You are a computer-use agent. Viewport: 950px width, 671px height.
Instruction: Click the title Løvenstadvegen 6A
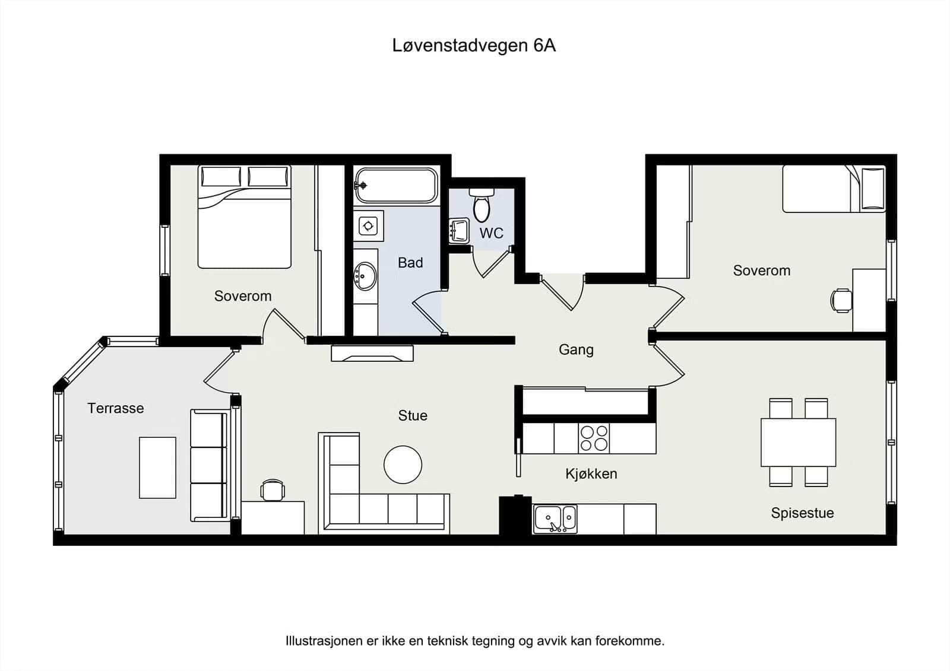point(474,46)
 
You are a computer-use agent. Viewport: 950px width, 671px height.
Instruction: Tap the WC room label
point(491,233)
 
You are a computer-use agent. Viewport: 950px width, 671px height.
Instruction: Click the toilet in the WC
point(482,205)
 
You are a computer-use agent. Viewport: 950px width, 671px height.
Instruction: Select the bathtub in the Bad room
point(395,185)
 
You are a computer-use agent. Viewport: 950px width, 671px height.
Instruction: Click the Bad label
point(410,263)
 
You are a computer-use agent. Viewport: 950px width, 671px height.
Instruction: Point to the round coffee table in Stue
point(403,465)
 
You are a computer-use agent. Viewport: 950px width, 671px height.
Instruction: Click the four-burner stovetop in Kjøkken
point(594,438)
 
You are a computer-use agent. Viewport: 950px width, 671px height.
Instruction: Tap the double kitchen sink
point(555,519)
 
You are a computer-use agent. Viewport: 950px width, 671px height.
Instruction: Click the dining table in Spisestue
point(798,442)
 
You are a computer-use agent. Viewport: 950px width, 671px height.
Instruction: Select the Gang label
point(576,349)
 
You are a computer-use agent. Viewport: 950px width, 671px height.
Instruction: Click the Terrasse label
point(116,408)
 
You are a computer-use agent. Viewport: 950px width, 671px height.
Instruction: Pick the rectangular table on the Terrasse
point(157,468)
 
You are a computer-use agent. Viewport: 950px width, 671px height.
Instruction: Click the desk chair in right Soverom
point(841,300)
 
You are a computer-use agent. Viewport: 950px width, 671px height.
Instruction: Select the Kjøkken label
point(591,473)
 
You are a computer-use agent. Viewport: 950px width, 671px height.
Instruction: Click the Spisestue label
point(802,513)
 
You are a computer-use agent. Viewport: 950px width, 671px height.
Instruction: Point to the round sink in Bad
point(365,276)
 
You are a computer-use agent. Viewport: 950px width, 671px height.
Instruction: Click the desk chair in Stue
point(273,490)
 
